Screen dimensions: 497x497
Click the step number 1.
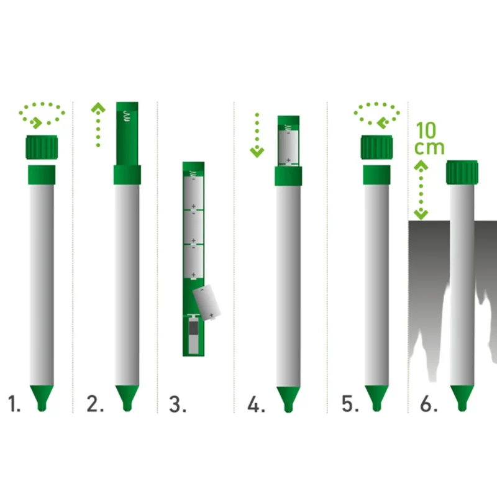(14, 405)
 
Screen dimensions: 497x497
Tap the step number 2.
(95, 405)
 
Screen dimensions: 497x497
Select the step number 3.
(178, 405)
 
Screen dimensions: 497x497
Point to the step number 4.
(256, 405)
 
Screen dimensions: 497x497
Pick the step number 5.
(350, 405)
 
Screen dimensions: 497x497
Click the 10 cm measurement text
(429, 139)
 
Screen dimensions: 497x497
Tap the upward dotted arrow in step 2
(98, 124)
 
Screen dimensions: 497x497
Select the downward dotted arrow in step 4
(257, 135)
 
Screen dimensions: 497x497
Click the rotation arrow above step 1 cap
(42, 114)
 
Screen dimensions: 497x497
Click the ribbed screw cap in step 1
(42, 147)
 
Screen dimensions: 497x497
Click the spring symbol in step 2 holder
(127, 116)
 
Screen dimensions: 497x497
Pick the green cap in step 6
(463, 171)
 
